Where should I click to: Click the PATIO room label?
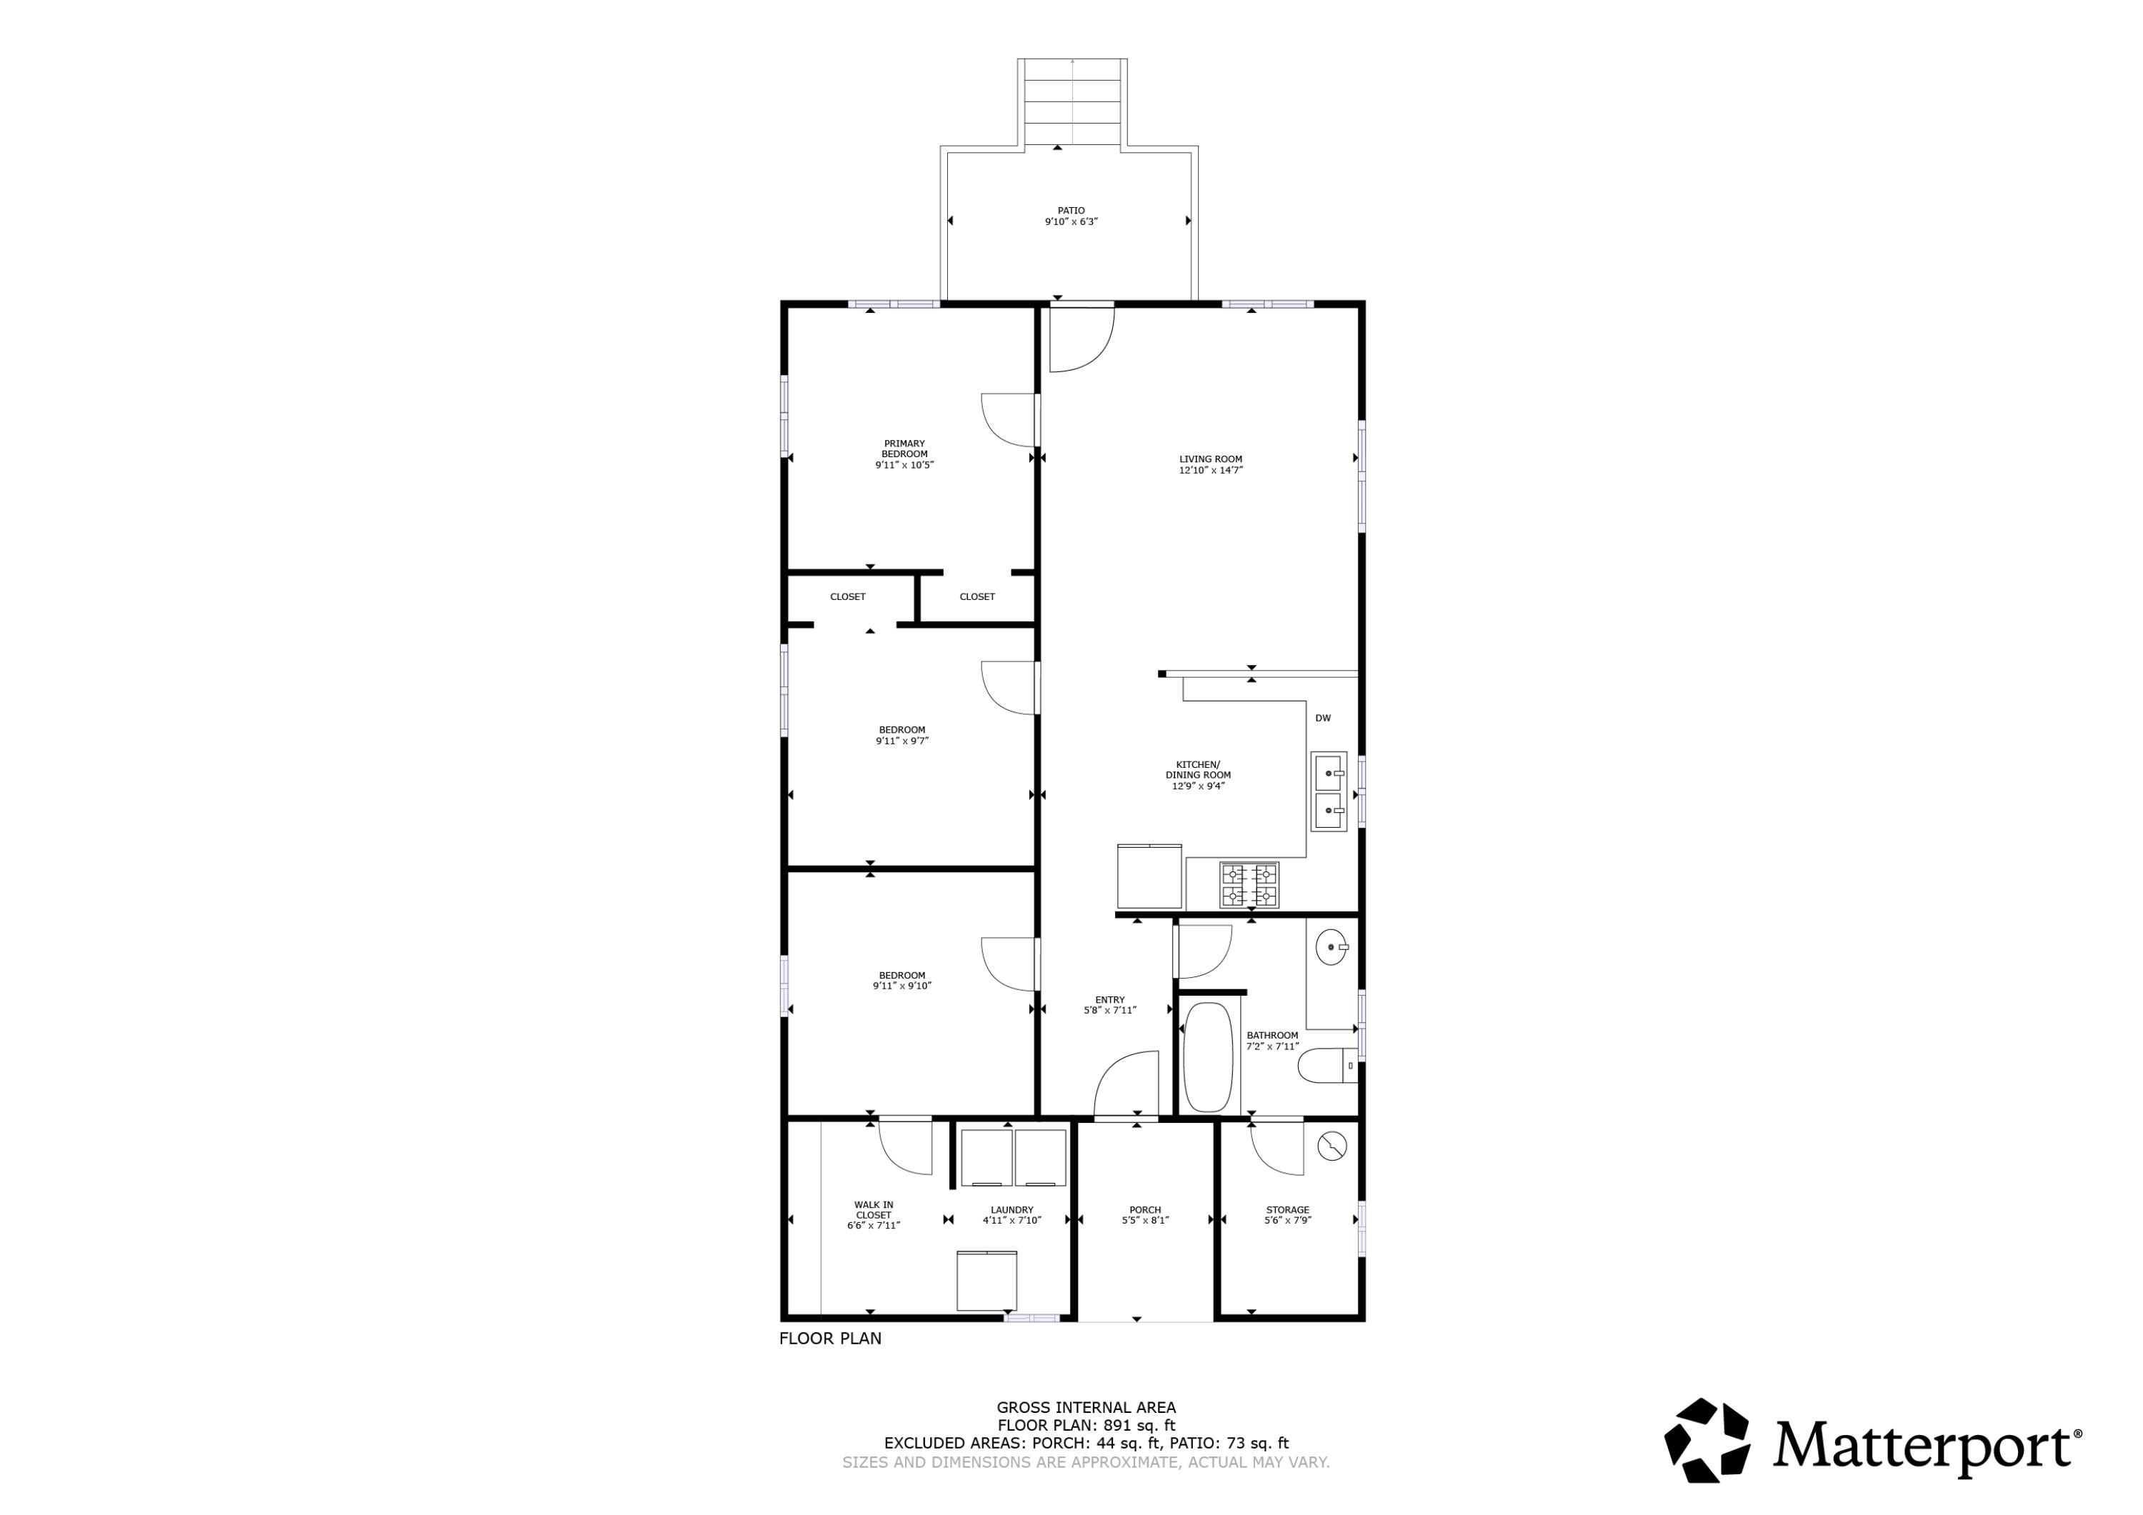point(1071,211)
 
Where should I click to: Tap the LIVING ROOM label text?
point(1211,459)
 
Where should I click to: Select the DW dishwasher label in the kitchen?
point(1322,718)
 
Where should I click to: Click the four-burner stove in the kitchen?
point(1249,885)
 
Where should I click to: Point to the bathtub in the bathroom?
point(1208,1058)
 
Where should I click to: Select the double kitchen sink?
point(1328,791)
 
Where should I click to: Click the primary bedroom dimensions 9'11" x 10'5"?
point(904,465)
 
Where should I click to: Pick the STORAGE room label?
point(1287,1210)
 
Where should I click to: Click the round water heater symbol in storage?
point(1332,1146)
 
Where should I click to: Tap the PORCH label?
point(1145,1210)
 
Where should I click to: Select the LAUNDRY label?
point(1011,1210)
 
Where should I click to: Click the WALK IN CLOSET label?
point(874,1210)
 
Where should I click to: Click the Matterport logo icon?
point(1707,1440)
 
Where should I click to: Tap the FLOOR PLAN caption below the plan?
point(830,1339)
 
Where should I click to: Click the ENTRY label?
point(1110,1000)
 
